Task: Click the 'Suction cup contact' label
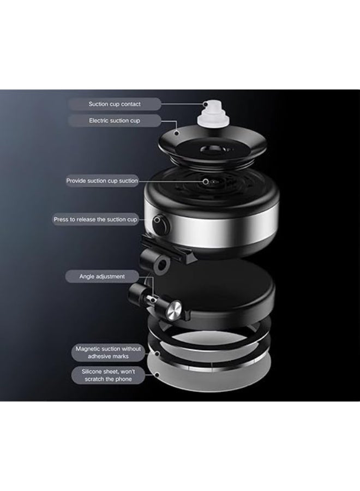point(114,104)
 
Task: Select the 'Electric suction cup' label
point(114,121)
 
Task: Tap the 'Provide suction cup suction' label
point(102,181)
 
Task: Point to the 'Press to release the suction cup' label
point(95,219)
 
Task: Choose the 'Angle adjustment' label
point(102,277)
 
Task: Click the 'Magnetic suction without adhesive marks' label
point(108,352)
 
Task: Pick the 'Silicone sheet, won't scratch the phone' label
point(108,375)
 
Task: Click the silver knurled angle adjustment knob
point(173,310)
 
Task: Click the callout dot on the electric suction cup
point(177,133)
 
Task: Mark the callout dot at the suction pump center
point(206,181)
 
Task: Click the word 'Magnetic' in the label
point(88,349)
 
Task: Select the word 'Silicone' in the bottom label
point(92,372)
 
